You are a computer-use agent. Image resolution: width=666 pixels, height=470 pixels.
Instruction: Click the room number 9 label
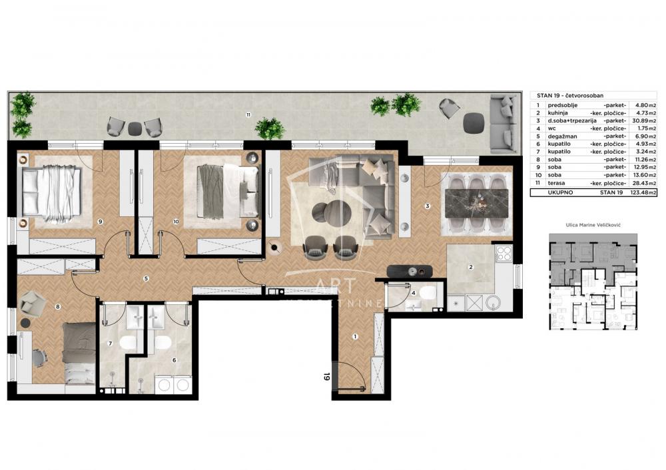click(x=99, y=222)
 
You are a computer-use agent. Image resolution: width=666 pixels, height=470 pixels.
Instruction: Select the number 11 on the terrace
click(x=248, y=115)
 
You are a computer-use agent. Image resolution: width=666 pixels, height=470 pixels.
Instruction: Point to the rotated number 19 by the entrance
click(x=327, y=377)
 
